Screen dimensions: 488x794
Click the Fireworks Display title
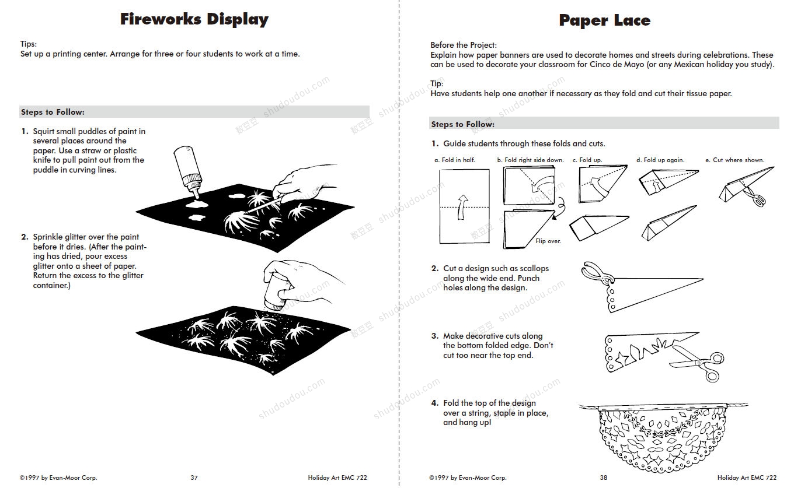pos(194,19)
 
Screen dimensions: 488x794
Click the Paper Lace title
pos(604,21)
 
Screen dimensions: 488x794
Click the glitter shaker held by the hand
pos(274,295)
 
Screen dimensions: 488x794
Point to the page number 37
pos(194,478)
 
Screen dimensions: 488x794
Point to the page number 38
pos(603,478)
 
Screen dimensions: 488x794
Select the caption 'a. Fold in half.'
pos(454,160)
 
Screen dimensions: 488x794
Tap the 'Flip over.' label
pos(548,241)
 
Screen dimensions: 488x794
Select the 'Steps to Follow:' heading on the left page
pos(53,112)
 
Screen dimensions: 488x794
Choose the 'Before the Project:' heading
pos(464,45)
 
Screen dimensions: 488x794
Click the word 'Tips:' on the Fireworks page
pos(29,44)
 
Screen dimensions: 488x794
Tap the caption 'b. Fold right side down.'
pos(530,160)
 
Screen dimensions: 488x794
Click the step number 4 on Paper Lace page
pos(434,403)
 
